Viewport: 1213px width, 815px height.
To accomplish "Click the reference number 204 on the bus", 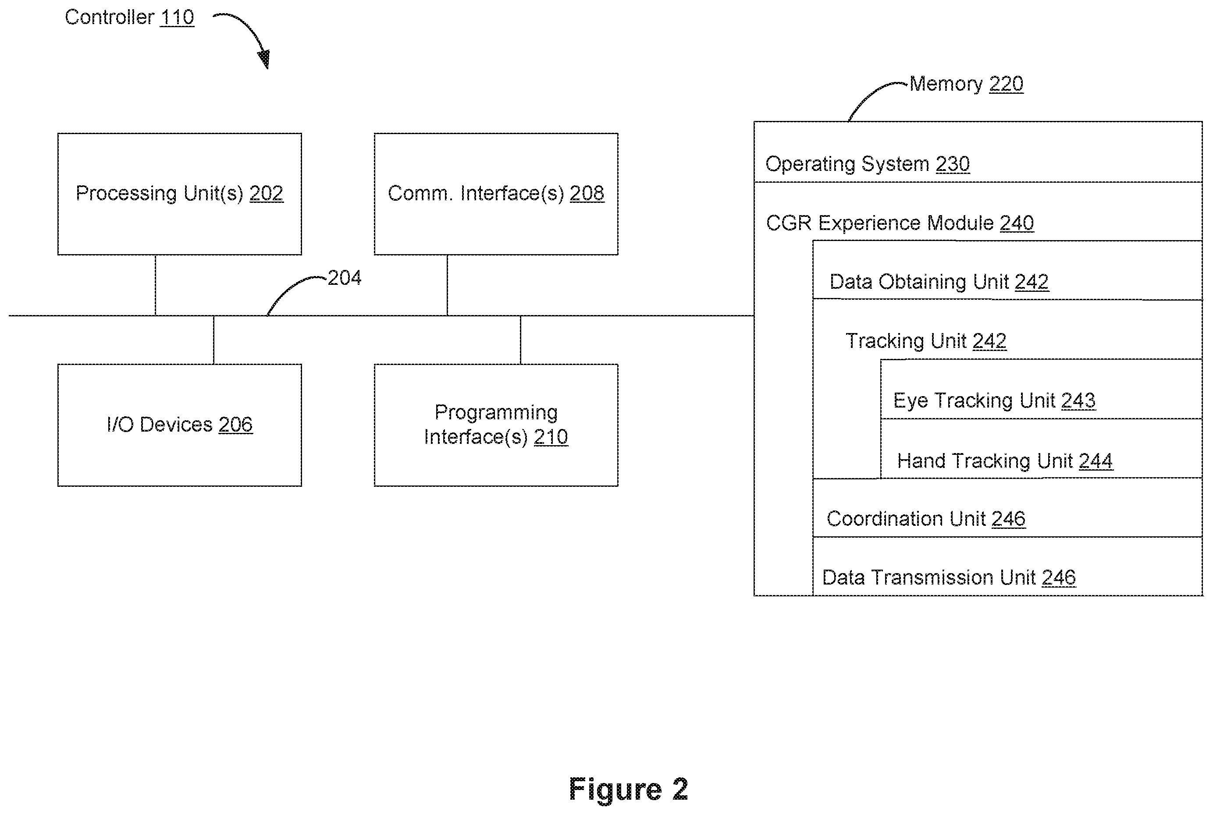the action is (x=344, y=278).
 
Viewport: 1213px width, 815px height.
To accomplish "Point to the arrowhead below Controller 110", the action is (x=265, y=59).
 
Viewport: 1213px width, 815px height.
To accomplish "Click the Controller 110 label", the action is (x=129, y=18).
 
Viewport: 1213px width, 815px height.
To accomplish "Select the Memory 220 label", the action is (x=967, y=84).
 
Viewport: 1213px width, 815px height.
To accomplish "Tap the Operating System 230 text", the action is (x=868, y=164).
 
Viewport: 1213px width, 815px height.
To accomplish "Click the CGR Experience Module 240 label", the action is (x=900, y=223).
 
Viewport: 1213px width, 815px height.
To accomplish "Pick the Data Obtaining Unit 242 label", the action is (x=939, y=282).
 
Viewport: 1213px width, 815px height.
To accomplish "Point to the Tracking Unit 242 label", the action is (x=926, y=341).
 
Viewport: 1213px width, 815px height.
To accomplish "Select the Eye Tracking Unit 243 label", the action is (x=994, y=401).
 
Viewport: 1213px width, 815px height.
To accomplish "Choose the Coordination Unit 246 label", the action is (x=926, y=519).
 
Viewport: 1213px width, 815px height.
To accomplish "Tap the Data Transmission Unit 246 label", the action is (x=949, y=578).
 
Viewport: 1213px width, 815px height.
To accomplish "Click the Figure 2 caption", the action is (x=629, y=789).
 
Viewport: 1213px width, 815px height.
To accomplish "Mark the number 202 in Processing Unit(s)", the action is (x=266, y=193).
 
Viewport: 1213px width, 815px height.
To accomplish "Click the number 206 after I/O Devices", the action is (x=235, y=425).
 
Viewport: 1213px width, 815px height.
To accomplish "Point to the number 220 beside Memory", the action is (x=1007, y=84).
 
